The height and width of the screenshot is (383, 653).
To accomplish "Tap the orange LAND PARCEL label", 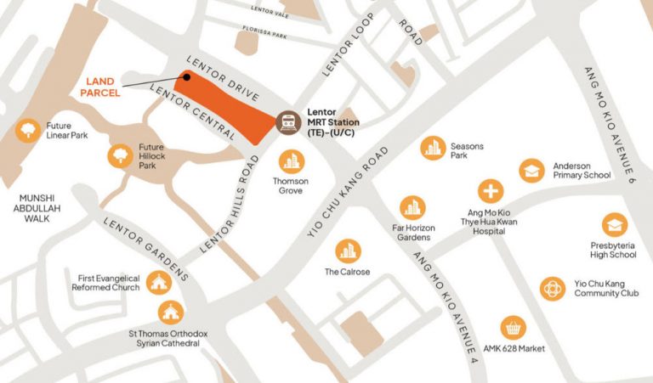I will pyautogui.click(x=103, y=87).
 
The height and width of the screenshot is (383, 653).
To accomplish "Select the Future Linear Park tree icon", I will pyautogui.click(x=29, y=128).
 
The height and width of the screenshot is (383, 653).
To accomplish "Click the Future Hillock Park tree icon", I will pyautogui.click(x=120, y=155).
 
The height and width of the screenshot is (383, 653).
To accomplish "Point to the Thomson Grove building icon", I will pyautogui.click(x=291, y=161).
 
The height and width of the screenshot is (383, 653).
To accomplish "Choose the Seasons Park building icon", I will pyautogui.click(x=433, y=148).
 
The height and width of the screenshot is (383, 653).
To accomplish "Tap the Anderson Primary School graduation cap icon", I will pyautogui.click(x=531, y=171).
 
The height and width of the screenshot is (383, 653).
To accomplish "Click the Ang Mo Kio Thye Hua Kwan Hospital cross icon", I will pyautogui.click(x=491, y=191).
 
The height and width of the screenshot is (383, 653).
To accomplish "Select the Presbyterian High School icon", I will pyautogui.click(x=614, y=225).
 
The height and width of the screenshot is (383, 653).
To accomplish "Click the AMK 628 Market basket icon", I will pyautogui.click(x=512, y=327).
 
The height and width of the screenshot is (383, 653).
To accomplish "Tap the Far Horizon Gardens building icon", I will pyautogui.click(x=412, y=207).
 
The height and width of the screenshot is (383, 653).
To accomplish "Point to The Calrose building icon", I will pyautogui.click(x=347, y=251).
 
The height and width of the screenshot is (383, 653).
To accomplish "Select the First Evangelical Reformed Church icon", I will pyautogui.click(x=157, y=282).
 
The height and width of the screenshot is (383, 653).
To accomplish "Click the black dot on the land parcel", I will pyautogui.click(x=184, y=78).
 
